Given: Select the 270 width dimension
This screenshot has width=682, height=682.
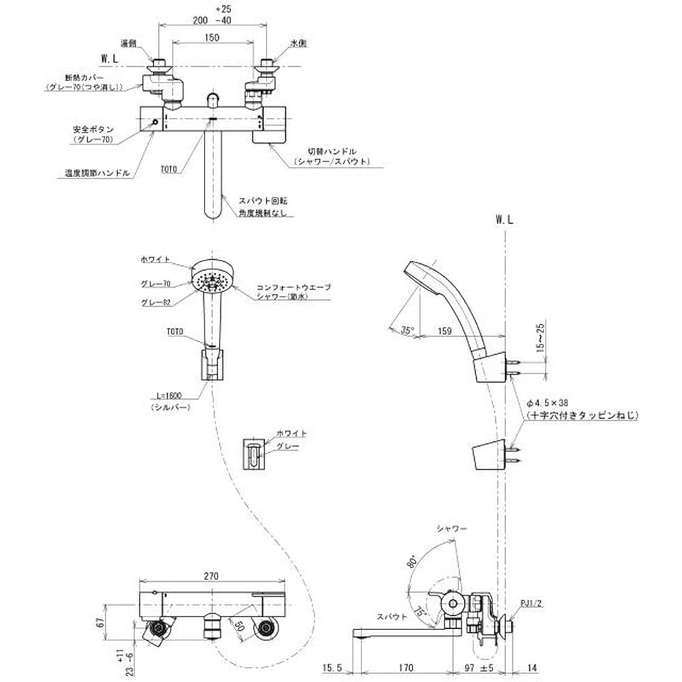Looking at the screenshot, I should [x=211, y=576].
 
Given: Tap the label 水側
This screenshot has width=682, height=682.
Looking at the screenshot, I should [x=299, y=43].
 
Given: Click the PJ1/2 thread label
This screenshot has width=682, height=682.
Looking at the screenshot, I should [x=530, y=602].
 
